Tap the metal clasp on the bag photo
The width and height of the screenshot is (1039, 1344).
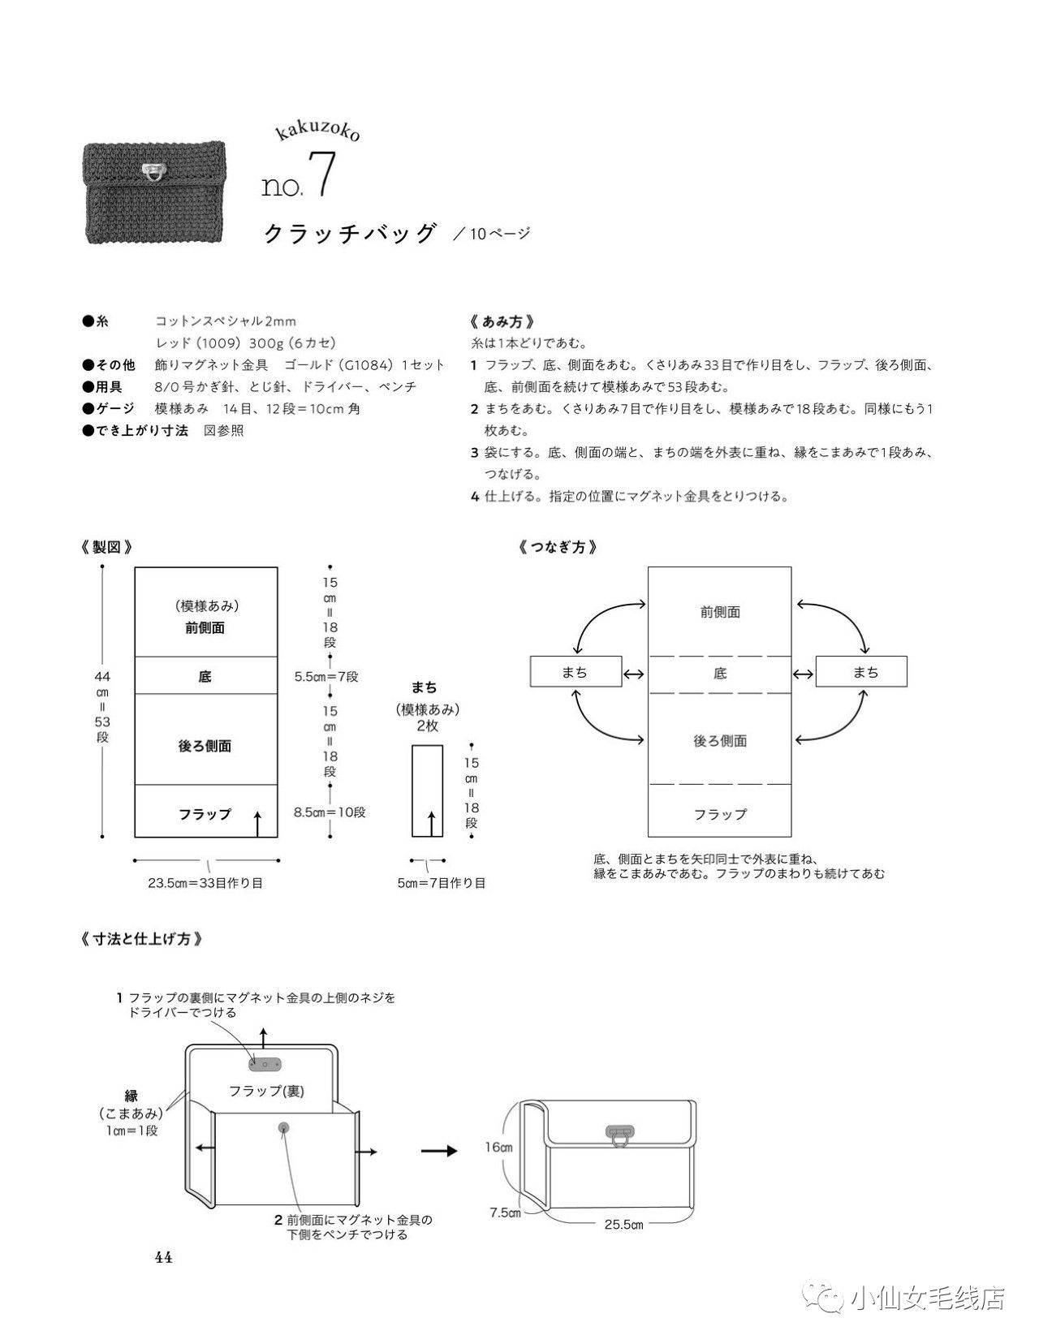pyautogui.click(x=152, y=172)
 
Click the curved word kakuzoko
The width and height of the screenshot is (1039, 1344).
pyautogui.click(x=318, y=131)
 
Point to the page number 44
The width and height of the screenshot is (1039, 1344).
pyautogui.click(x=164, y=1257)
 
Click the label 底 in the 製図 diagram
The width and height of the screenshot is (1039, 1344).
pyautogui.click(x=205, y=676)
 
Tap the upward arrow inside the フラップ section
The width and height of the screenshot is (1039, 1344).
pyautogui.click(x=258, y=823)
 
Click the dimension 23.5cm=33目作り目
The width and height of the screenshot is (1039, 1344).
pyautogui.click(x=205, y=882)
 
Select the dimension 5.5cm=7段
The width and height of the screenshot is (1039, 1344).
pyautogui.click(x=326, y=677)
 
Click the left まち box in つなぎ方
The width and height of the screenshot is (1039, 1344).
pyautogui.click(x=576, y=672)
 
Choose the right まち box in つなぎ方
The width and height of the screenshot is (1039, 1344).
pyautogui.click(x=861, y=672)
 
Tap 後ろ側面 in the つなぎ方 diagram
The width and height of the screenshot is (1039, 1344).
pyautogui.click(x=720, y=740)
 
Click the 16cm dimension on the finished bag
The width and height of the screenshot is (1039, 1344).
pyautogui.click(x=498, y=1148)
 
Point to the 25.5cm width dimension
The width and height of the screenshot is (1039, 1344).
pyautogui.click(x=624, y=1224)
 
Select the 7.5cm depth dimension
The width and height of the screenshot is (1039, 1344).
pyautogui.click(x=505, y=1213)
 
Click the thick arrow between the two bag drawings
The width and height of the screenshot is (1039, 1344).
pyautogui.click(x=439, y=1150)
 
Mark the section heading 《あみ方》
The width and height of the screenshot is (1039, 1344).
pyautogui.click(x=502, y=321)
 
